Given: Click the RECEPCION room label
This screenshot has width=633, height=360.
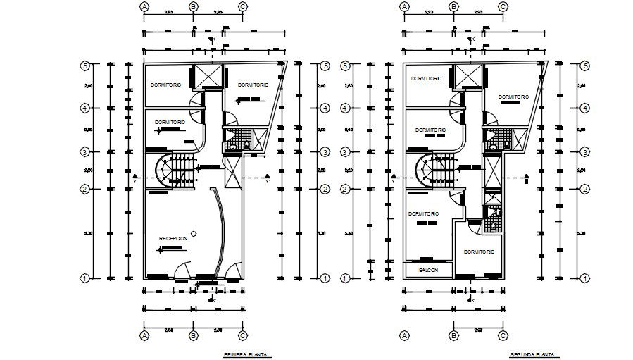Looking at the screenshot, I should click(173, 239).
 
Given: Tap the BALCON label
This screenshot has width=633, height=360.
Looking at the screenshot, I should click(428, 270).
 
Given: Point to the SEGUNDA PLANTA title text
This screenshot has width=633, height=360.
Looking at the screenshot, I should click(533, 355).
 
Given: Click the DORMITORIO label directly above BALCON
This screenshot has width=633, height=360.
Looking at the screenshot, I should click(424, 213).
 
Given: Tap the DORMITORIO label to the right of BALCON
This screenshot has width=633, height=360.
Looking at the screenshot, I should click(479, 252).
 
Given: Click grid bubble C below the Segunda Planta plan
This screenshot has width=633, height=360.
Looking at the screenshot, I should click(503, 335).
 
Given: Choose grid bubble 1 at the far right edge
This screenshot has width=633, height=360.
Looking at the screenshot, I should click(584, 278).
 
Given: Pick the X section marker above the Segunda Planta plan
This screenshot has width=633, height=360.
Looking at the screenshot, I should click(471, 39).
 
